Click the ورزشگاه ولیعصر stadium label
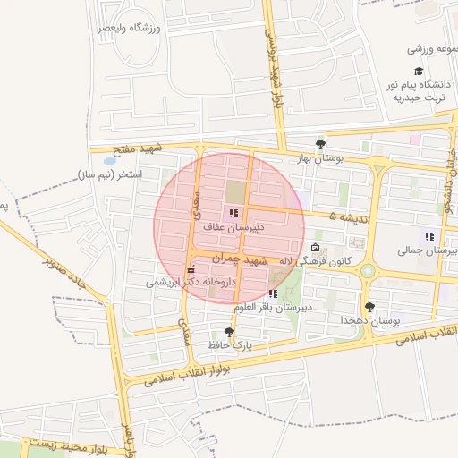(131, 28)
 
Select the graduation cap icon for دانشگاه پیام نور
(418, 72)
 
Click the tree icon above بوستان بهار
(320, 143)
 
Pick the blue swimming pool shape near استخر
(109, 160)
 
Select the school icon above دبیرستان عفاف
(233, 214)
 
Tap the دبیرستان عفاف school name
(232, 228)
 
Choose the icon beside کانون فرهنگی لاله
(314, 248)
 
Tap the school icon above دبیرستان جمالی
(430, 237)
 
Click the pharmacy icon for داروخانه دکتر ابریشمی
(190, 269)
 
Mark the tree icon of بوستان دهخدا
(369, 307)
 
